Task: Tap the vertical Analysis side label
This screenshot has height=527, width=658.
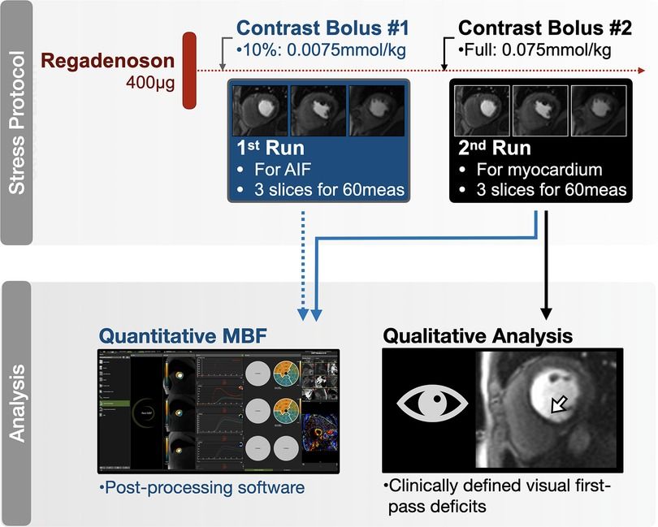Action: [23, 404]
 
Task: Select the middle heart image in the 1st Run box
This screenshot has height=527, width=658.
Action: [319, 110]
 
